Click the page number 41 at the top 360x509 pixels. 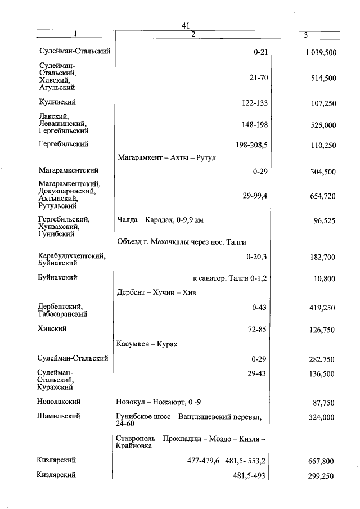(187, 25)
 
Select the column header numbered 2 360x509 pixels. (192, 35)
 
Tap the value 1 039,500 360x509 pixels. (317, 52)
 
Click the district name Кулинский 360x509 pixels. (57, 102)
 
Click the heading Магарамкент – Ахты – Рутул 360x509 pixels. (166, 158)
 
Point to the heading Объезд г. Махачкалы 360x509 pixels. (182, 242)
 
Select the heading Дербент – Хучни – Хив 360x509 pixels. (156, 292)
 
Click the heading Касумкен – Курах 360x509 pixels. (147, 344)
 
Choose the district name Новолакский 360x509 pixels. (59, 402)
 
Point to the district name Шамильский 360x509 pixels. (58, 416)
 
